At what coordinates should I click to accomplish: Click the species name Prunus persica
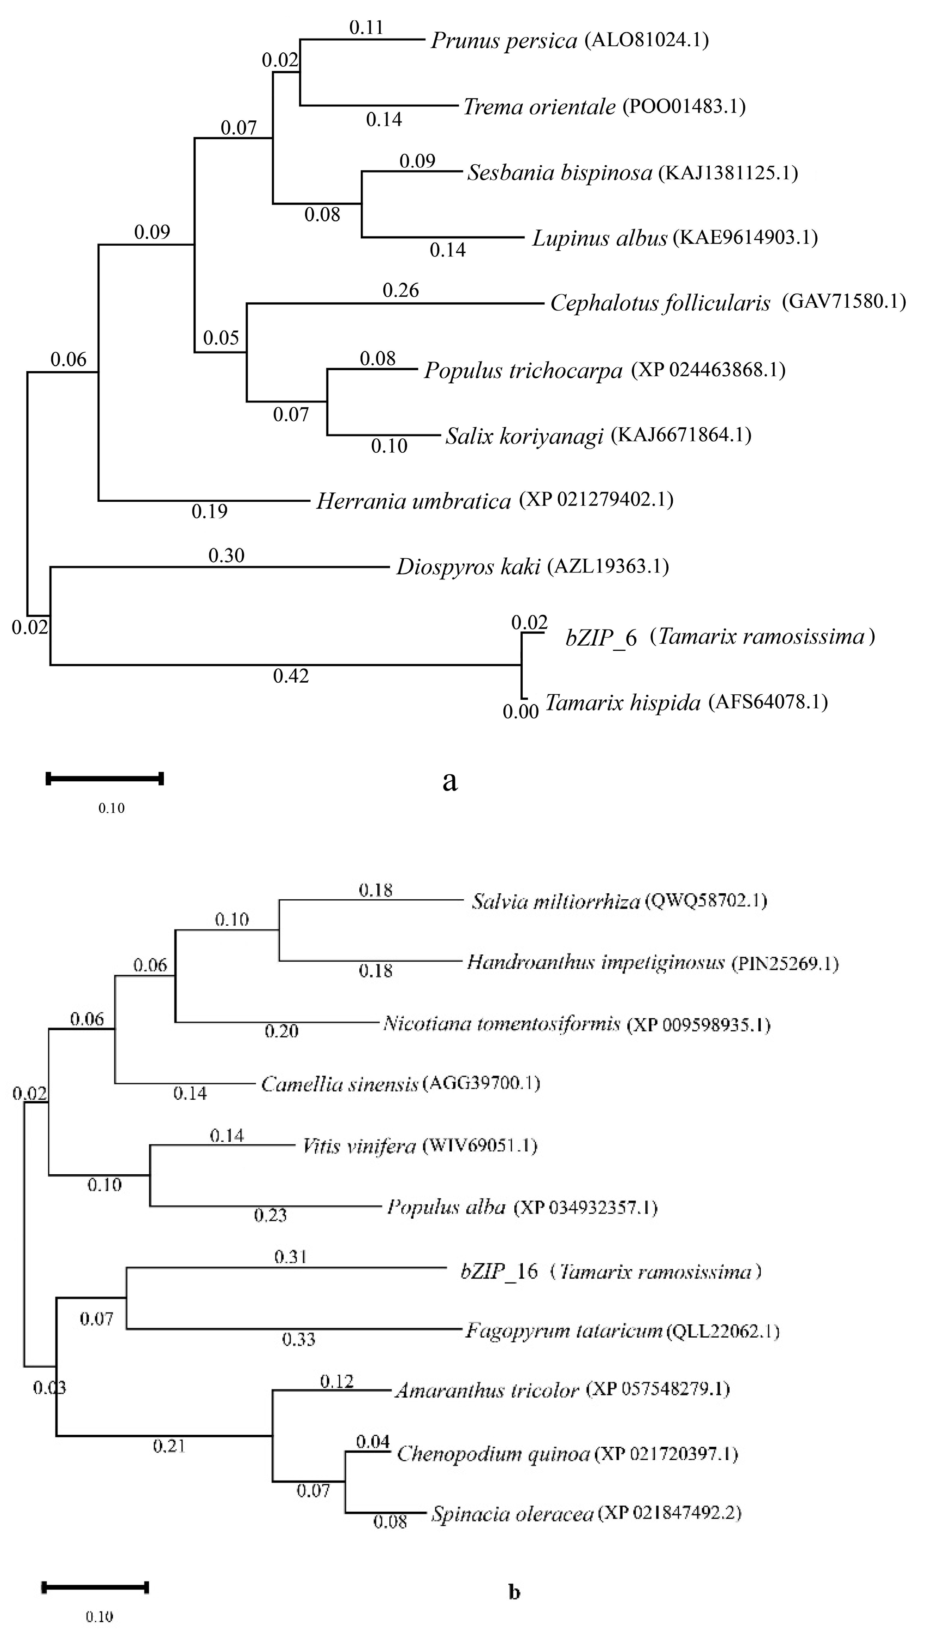tap(504, 41)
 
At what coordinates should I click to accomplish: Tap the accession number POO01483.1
tap(684, 106)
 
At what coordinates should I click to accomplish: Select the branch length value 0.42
tap(291, 676)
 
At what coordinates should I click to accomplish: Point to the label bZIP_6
tap(601, 638)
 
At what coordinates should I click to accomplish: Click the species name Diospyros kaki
tap(468, 567)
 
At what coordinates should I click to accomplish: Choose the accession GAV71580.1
tap(843, 301)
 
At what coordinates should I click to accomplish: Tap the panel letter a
tap(450, 781)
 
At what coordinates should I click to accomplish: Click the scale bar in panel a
tap(106, 779)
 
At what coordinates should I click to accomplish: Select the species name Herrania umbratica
tap(413, 502)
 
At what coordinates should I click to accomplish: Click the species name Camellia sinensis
tap(340, 1084)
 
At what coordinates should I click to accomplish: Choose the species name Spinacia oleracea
tap(512, 1514)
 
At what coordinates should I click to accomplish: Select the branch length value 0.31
tap(291, 1257)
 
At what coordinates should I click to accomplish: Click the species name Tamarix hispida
tap(623, 703)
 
